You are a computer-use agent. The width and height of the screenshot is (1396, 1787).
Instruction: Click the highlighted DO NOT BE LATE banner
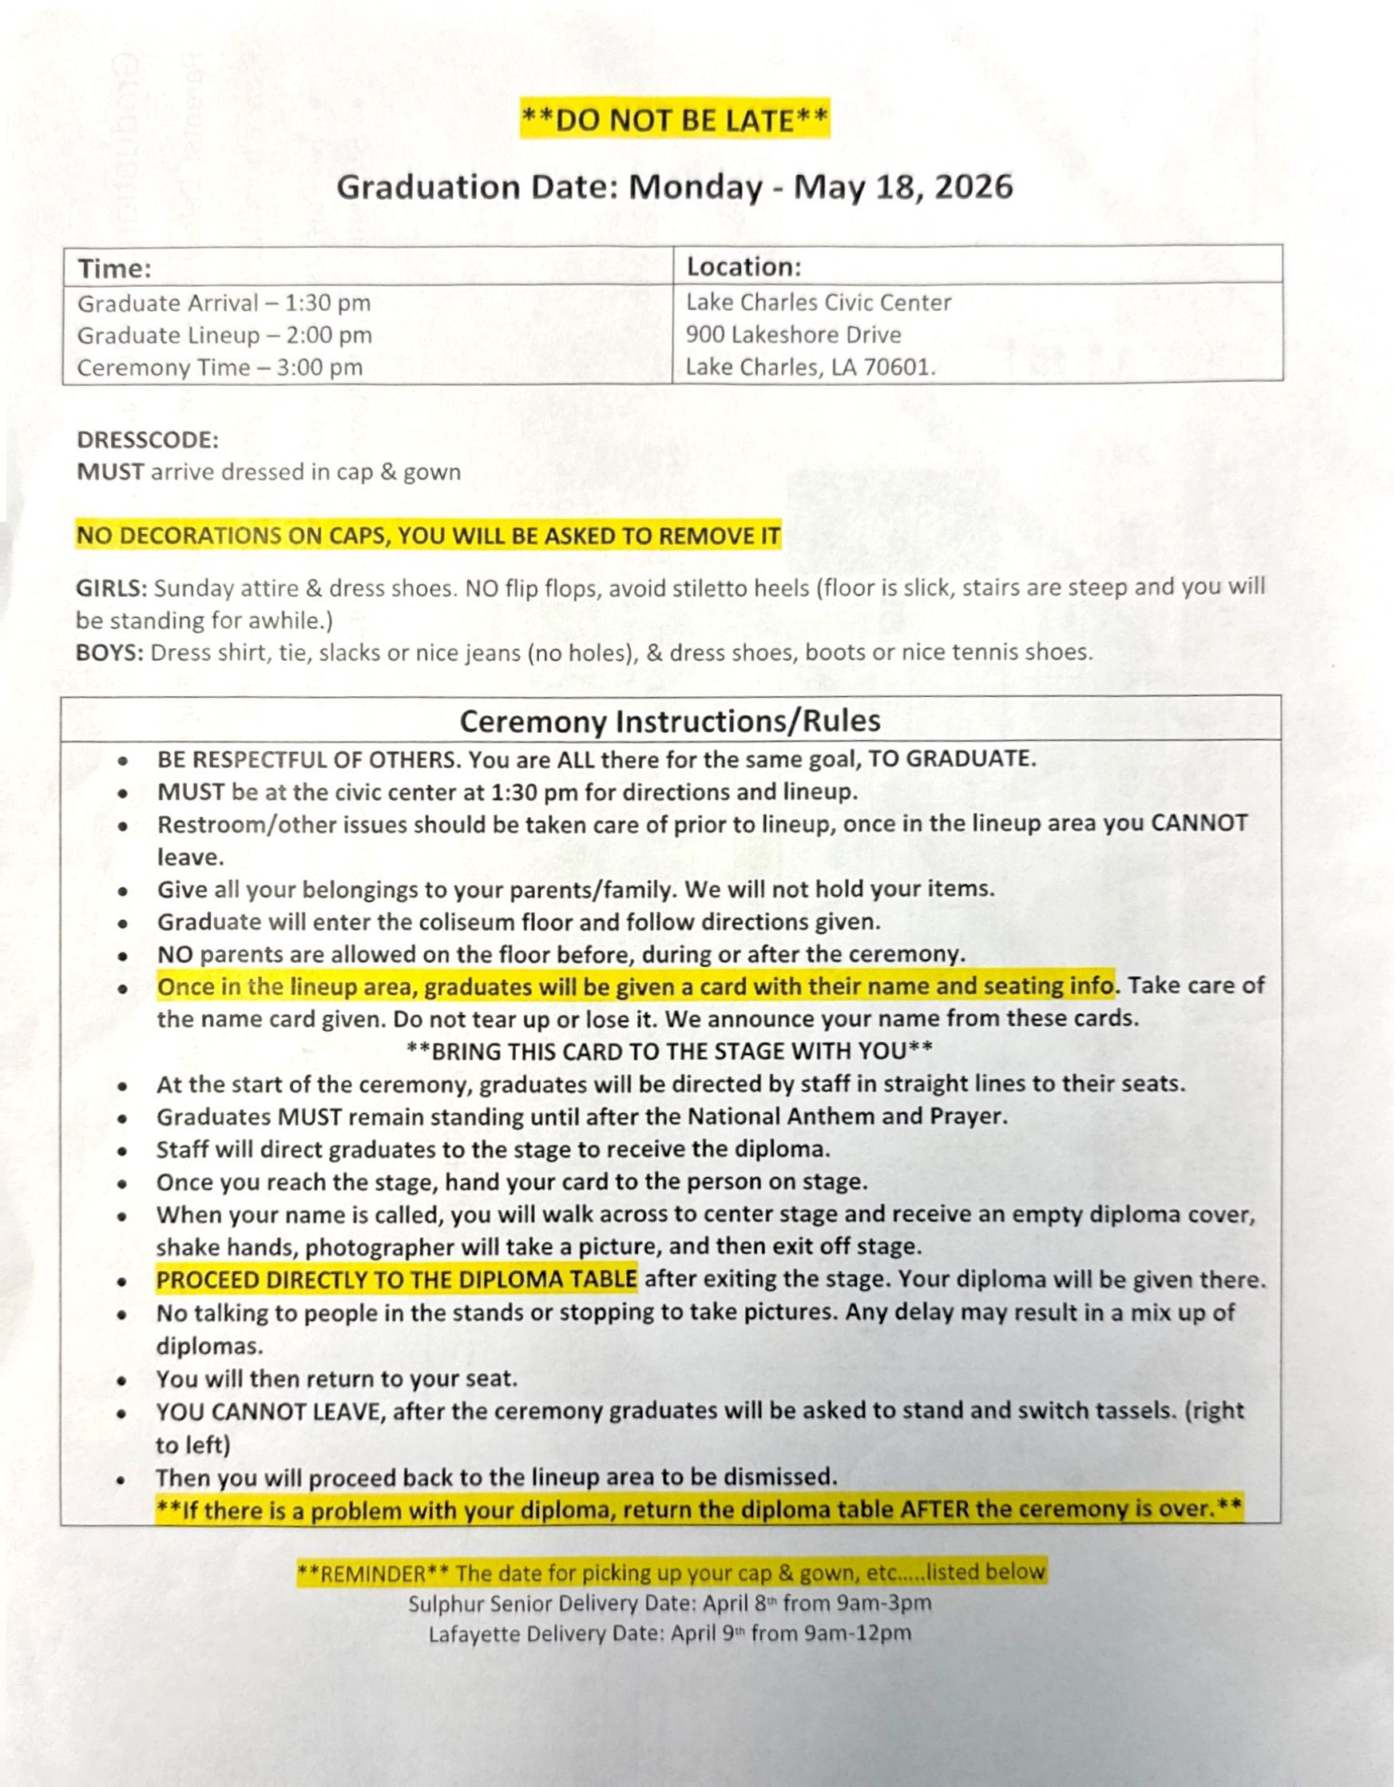[x=675, y=119]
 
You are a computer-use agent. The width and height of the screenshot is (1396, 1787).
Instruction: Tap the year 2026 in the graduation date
[x=973, y=186]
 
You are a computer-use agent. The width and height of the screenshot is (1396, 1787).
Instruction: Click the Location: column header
[x=744, y=267]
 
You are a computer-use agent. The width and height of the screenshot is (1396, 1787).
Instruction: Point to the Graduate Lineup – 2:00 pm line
[x=224, y=336]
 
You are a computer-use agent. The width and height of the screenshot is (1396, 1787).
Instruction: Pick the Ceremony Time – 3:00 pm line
[x=219, y=368]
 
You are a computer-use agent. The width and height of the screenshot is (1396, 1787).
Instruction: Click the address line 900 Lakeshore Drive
[x=793, y=335]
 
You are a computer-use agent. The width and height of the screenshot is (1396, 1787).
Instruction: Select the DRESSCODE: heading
[x=147, y=440]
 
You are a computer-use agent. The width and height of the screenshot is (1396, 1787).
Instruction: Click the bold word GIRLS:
[x=111, y=588]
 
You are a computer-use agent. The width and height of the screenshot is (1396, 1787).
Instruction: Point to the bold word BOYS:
[x=109, y=653]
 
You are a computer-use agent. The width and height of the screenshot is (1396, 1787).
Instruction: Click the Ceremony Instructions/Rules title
[x=670, y=721]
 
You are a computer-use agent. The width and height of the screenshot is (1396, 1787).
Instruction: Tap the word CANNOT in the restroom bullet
[x=1198, y=823]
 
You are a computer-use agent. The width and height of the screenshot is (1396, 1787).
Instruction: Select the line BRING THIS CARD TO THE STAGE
[x=669, y=1052]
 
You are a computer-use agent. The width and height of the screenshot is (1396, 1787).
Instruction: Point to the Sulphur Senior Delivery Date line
[x=669, y=1603]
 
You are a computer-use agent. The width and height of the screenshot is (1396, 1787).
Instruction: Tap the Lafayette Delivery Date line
[x=669, y=1634]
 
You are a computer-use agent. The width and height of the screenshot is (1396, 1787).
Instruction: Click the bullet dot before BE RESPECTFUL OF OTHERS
[x=123, y=761]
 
